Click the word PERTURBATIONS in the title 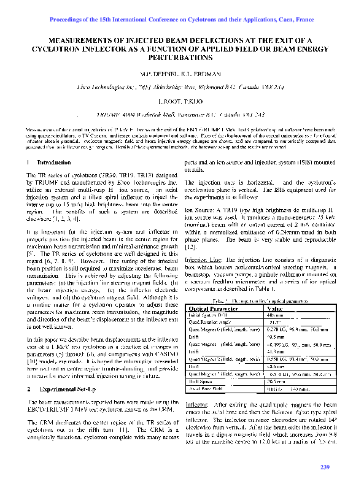182,58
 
